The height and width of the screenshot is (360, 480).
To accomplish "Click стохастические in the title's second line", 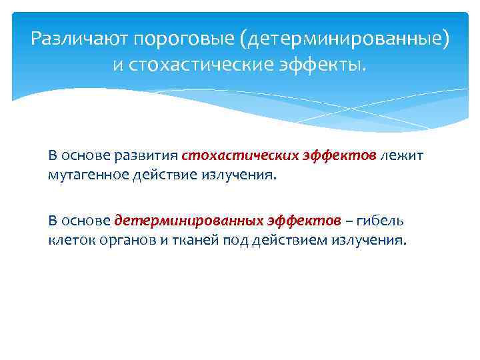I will [x=199, y=65].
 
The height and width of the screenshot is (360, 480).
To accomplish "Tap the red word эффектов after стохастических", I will [x=332, y=155].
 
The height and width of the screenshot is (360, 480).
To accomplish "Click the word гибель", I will [x=381, y=221].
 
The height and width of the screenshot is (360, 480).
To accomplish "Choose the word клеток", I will [x=70, y=239].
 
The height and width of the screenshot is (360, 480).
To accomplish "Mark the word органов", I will [x=126, y=239].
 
